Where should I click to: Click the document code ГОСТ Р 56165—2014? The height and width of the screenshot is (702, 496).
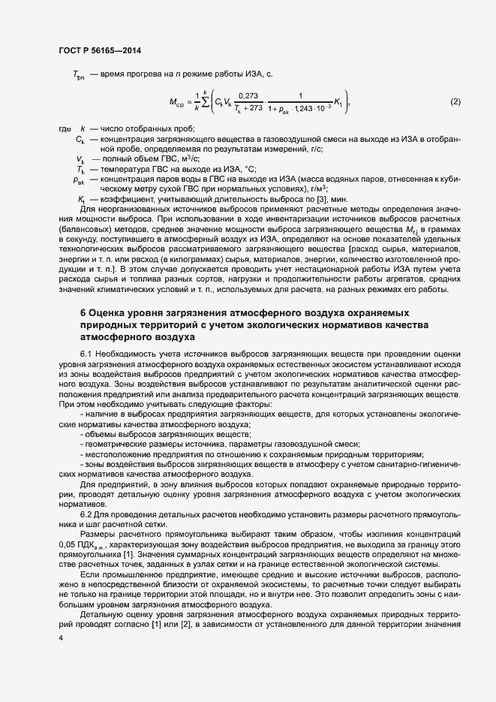[x=100, y=50]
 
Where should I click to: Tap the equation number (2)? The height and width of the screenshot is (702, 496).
[x=455, y=101]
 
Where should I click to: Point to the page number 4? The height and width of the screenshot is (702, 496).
[x=60, y=638]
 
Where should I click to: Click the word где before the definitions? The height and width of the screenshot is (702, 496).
[x=65, y=129]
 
